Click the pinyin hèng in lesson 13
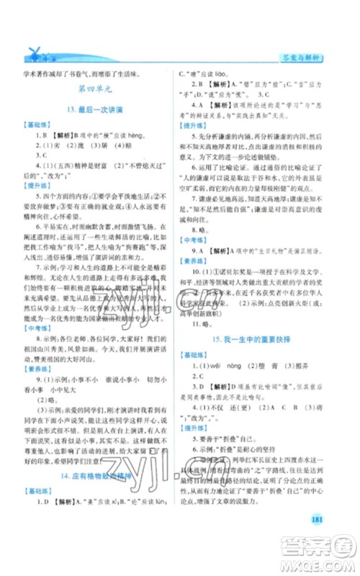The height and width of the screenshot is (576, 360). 143,135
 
